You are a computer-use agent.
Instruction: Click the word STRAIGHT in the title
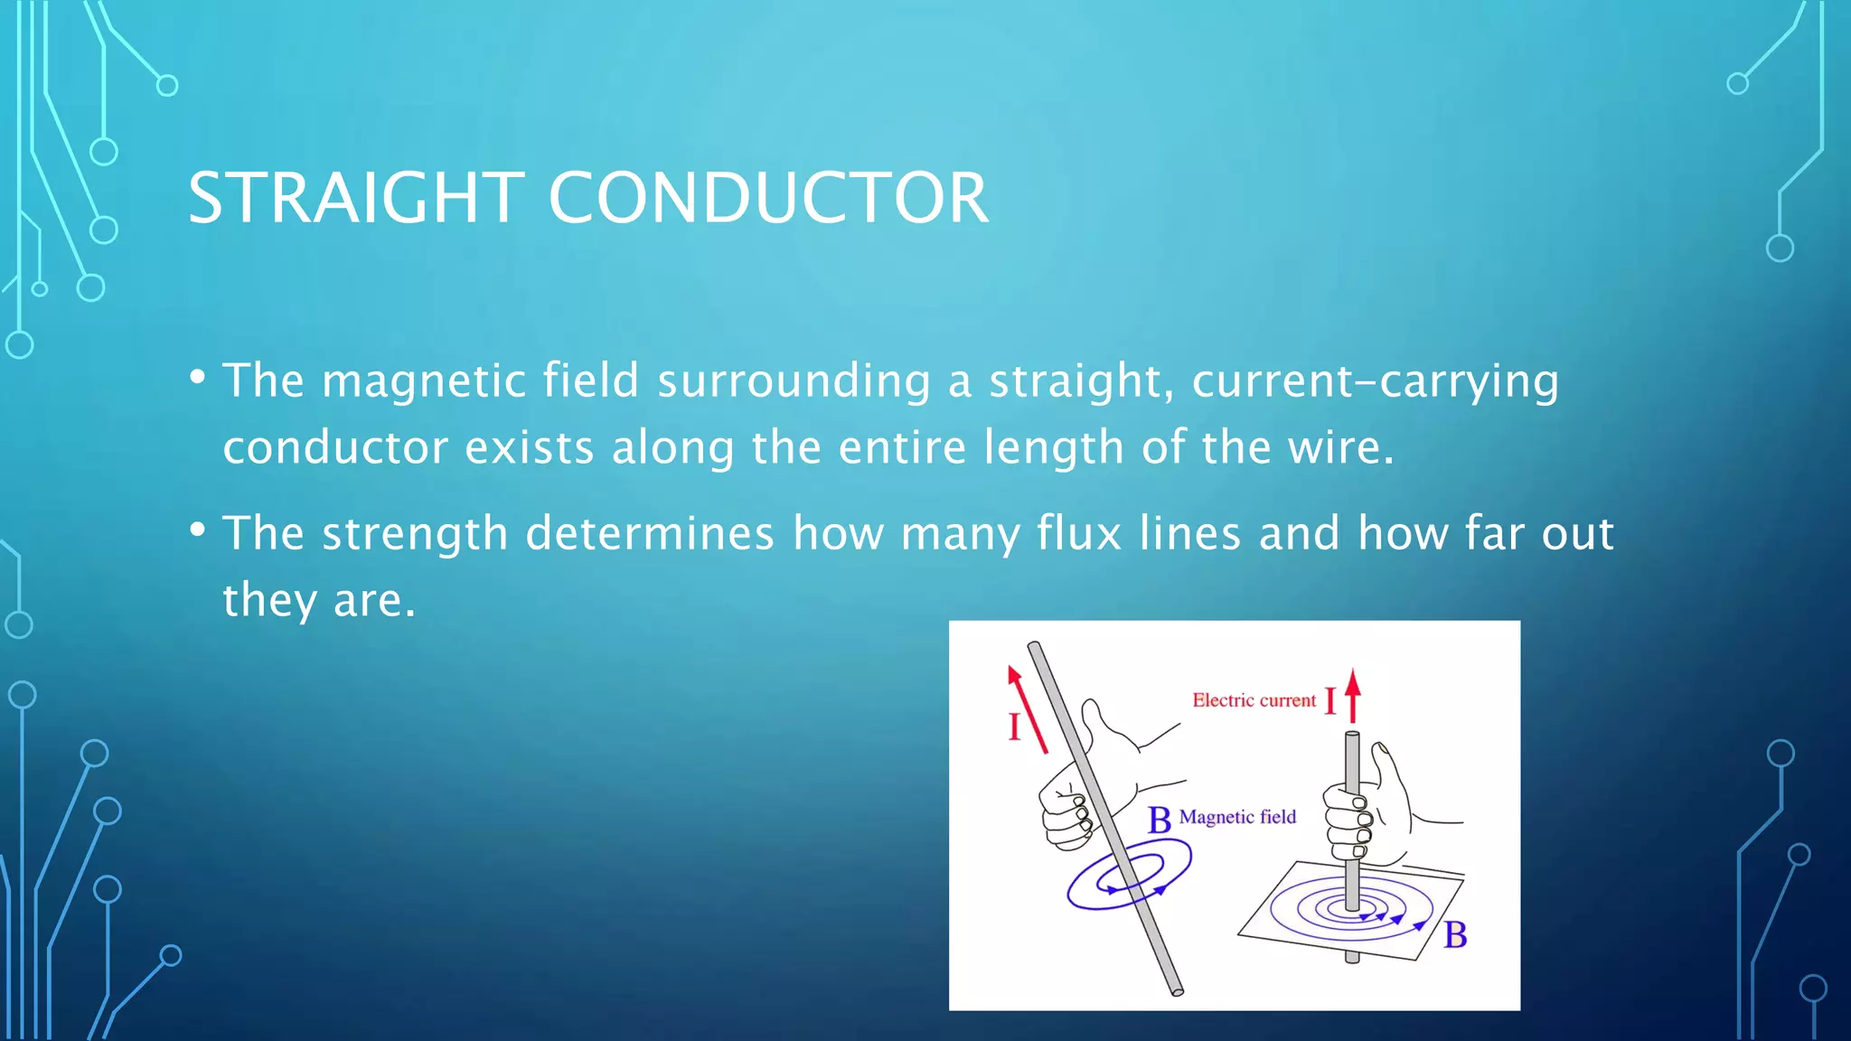[x=355, y=198]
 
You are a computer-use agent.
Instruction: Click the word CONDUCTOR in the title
[x=768, y=198]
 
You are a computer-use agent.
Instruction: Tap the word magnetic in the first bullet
[x=423, y=380]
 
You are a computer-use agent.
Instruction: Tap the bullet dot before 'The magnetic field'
[x=198, y=377]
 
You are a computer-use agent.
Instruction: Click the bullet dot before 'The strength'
[x=198, y=530]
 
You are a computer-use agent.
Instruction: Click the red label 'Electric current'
[x=1254, y=700]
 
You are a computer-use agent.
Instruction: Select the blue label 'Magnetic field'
[x=1237, y=817]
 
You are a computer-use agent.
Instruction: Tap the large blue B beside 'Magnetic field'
[x=1159, y=821]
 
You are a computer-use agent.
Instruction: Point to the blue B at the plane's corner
[x=1455, y=934]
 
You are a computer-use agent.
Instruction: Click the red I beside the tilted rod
[x=1014, y=727]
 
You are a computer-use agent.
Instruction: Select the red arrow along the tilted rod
[x=1028, y=709]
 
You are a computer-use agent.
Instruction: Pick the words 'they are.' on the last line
[x=319, y=600]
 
